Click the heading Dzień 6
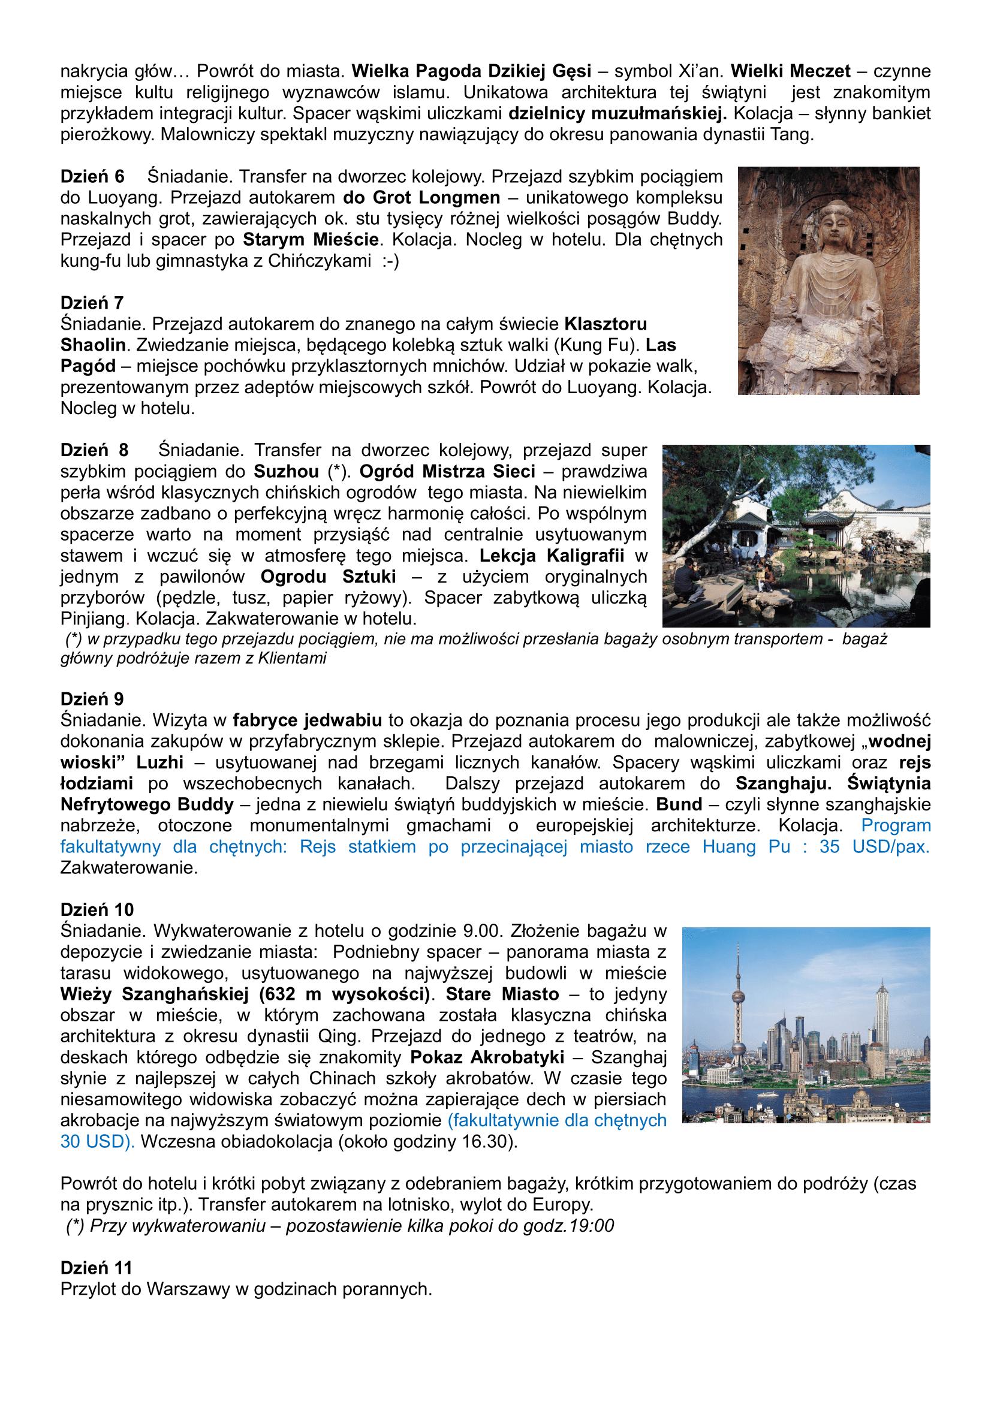pyautogui.click(x=92, y=176)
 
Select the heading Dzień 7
pyautogui.click(x=92, y=302)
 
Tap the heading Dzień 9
pyautogui.click(x=92, y=698)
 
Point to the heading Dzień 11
pyautogui.click(x=97, y=1267)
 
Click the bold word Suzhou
pyautogui.click(x=287, y=471)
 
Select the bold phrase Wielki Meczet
pyautogui.click(x=790, y=71)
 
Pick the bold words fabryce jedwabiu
pyautogui.click(x=307, y=720)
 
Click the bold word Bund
pyautogui.click(x=679, y=804)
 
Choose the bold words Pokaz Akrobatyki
pyautogui.click(x=487, y=1057)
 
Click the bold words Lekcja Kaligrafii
pyautogui.click(x=552, y=556)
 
